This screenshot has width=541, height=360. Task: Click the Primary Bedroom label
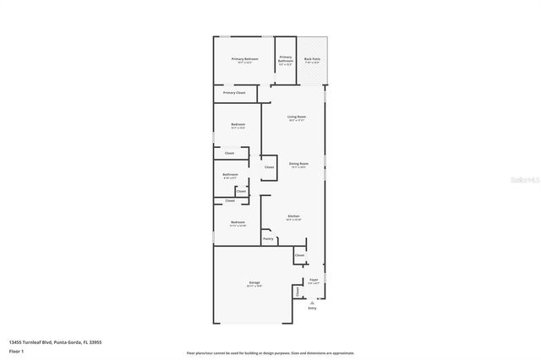tap(244, 58)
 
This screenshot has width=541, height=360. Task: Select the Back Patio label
tap(313, 58)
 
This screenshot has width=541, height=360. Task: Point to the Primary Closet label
tap(234, 92)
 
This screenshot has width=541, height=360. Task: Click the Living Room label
tap(296, 117)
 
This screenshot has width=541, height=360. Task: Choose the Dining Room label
tap(298, 163)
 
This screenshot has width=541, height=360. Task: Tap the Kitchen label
tap(293, 216)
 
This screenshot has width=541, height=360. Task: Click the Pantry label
tap(268, 239)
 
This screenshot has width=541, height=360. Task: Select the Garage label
tap(254, 282)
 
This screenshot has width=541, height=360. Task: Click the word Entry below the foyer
tap(312, 308)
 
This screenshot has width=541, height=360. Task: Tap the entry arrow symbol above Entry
tap(312, 302)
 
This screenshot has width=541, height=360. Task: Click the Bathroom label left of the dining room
tap(230, 174)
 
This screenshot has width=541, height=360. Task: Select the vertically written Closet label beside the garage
tap(298, 292)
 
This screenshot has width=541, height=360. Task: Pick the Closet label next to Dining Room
tap(269, 167)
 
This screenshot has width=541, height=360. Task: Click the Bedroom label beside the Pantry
tap(238, 222)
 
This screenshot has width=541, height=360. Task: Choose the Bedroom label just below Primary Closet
tap(238, 125)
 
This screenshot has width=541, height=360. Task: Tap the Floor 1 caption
tap(16, 350)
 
